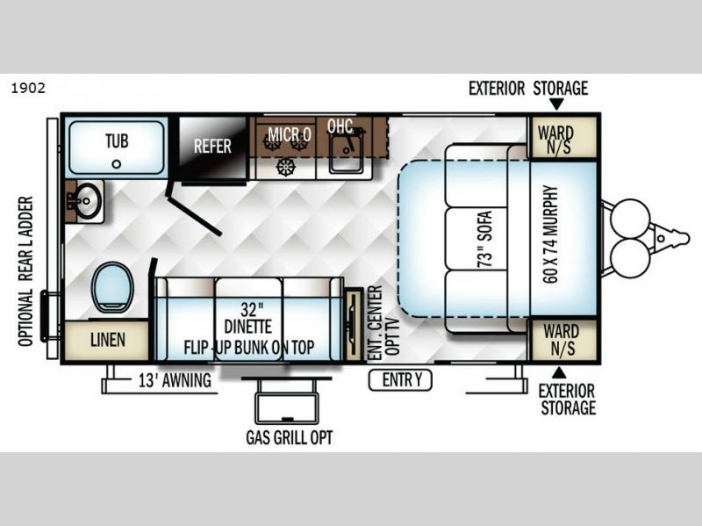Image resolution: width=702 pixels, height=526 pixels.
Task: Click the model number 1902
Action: [28, 88]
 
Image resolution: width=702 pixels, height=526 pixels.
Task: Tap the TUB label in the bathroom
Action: [117, 141]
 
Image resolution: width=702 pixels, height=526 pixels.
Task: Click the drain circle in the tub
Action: [117, 164]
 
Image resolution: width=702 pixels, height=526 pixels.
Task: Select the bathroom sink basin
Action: [89, 200]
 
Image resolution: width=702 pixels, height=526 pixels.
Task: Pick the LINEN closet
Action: [106, 340]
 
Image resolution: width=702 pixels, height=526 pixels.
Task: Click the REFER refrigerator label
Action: [212, 146]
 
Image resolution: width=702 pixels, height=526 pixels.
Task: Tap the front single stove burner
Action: [286, 167]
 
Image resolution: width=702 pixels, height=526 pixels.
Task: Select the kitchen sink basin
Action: [347, 153]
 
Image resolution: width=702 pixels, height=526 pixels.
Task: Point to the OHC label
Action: [340, 126]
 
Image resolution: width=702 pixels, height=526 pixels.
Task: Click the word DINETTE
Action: [248, 327]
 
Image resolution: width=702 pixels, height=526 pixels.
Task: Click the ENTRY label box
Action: [400, 380]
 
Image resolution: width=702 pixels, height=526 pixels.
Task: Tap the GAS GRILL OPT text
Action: [290, 437]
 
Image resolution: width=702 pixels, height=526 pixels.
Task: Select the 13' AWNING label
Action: [175, 380]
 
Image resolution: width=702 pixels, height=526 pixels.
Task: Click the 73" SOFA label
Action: [484, 239]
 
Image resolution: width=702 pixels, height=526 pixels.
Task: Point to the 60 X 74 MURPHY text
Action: [550, 234]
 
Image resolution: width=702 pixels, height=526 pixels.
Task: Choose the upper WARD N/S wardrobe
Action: [563, 138]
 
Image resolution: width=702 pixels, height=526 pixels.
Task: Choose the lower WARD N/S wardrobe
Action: [563, 340]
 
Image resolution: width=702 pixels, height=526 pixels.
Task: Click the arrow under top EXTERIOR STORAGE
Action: [556, 104]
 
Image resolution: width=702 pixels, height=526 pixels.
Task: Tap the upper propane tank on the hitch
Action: [630, 219]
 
